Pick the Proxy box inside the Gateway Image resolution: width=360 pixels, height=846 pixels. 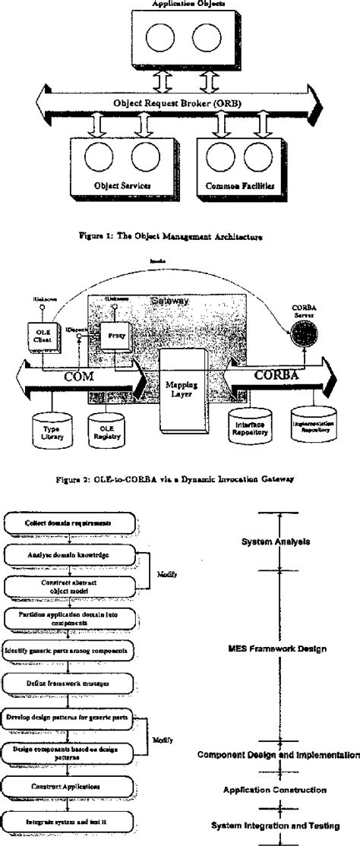click(117, 335)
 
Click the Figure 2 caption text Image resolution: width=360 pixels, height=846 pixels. click(179, 478)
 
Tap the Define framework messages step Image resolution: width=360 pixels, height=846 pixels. click(69, 683)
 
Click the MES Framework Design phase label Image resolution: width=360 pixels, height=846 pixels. click(276, 649)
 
